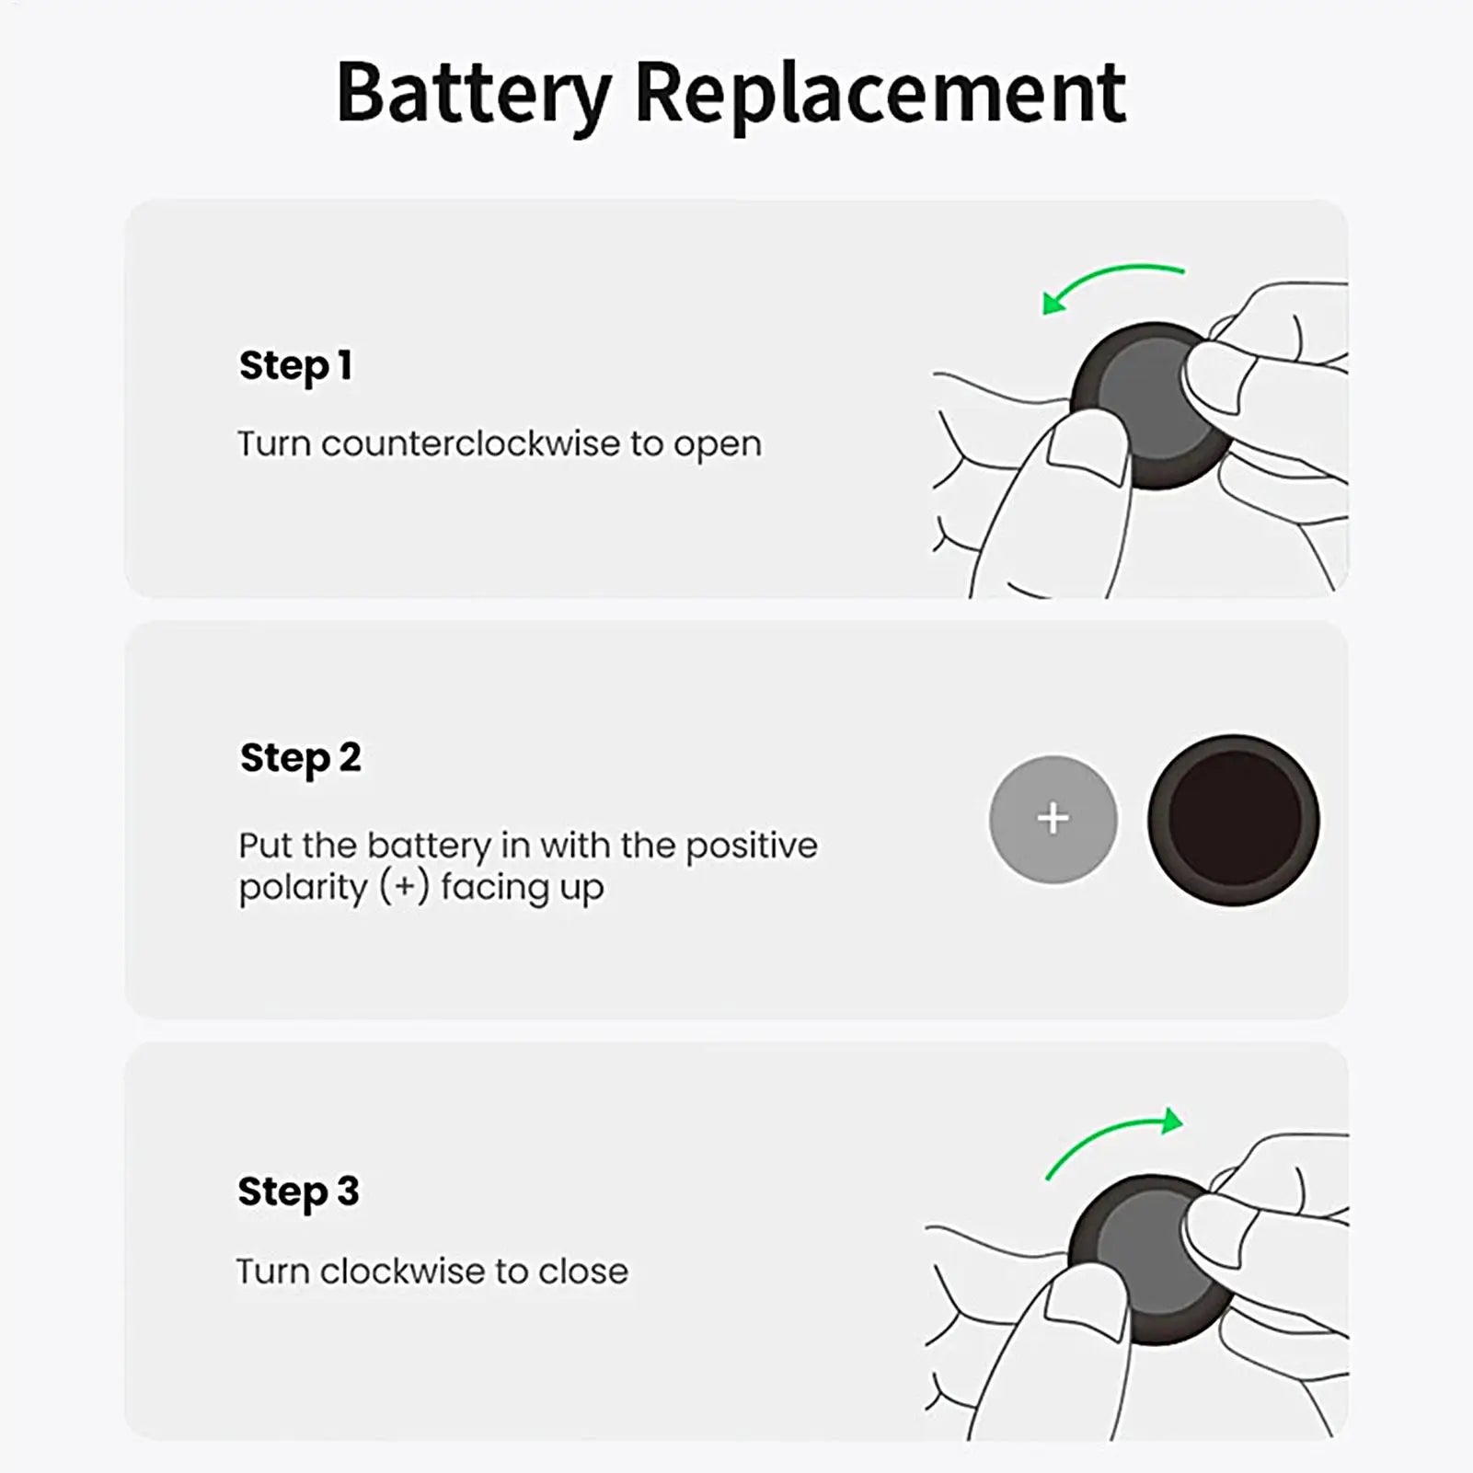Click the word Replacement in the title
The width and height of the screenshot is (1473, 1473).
click(880, 94)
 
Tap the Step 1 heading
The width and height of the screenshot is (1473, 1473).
click(295, 365)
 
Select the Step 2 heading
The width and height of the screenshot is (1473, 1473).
click(300, 758)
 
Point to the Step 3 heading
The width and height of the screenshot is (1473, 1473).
click(298, 1191)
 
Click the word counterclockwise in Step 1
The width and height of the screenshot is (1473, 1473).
click(470, 443)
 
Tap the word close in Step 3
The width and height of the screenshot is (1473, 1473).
click(583, 1271)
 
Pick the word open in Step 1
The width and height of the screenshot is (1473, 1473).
click(718, 445)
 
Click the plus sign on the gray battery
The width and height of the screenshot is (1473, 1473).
click(1053, 818)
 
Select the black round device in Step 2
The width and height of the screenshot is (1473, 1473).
click(1233, 819)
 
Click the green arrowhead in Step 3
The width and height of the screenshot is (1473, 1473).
click(1172, 1121)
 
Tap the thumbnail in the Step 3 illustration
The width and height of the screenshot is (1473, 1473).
click(1086, 1306)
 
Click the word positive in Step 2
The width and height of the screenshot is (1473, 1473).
click(751, 846)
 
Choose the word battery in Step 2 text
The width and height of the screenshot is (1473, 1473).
click(429, 846)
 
